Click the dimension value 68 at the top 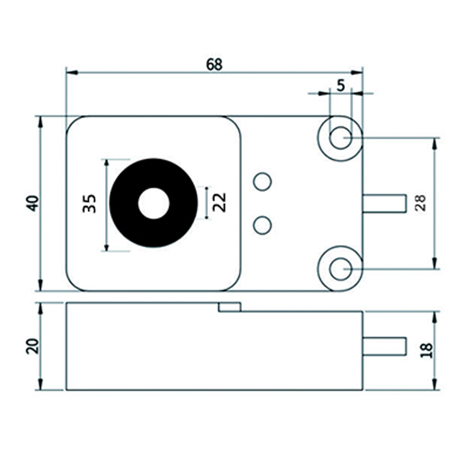coord(214,64)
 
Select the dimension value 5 coord(341,85)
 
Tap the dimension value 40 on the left coord(34,203)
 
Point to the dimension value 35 coord(89,203)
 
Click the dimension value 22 coord(219,202)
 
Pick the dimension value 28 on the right coord(421,203)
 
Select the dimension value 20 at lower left coord(32,346)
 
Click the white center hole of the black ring coord(154,203)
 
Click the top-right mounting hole coord(340,137)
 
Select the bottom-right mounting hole coord(340,268)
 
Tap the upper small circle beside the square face coord(262,182)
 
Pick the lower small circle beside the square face coord(262,225)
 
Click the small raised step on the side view coord(230,307)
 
